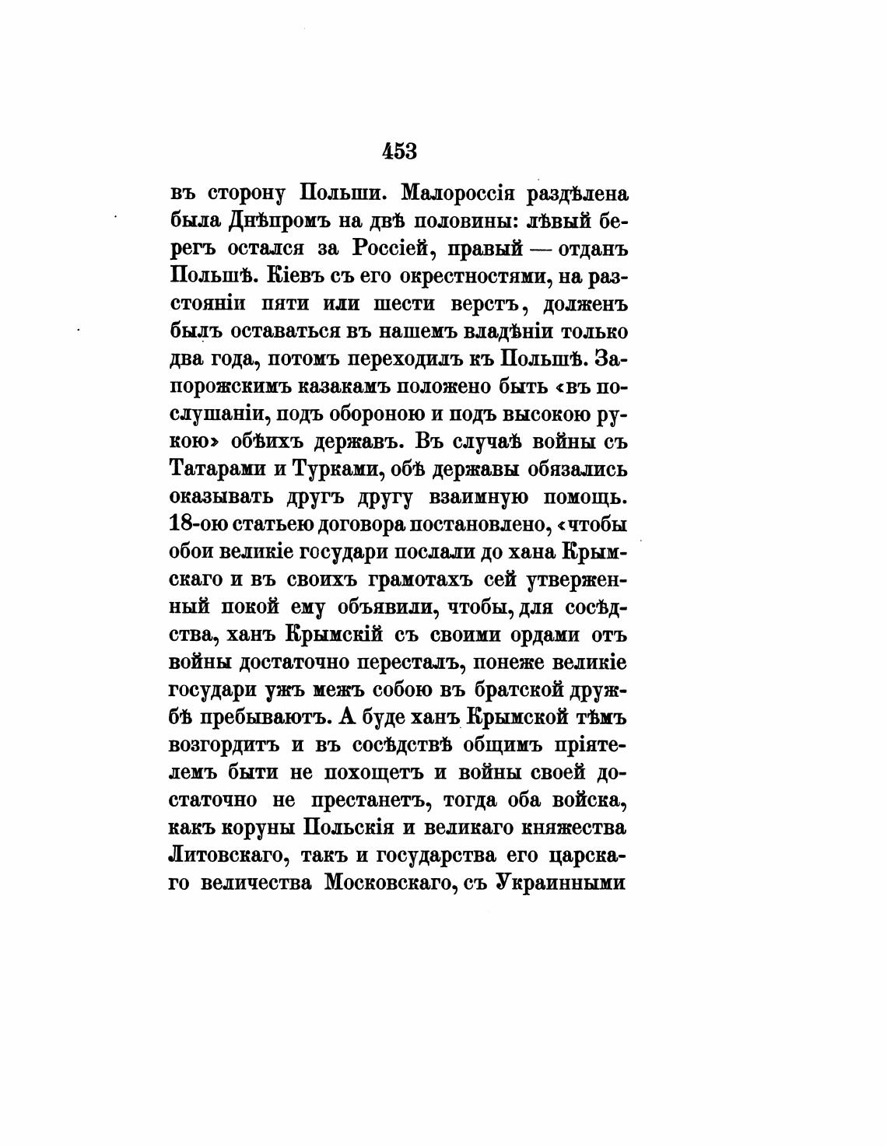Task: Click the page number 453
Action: point(399,151)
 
